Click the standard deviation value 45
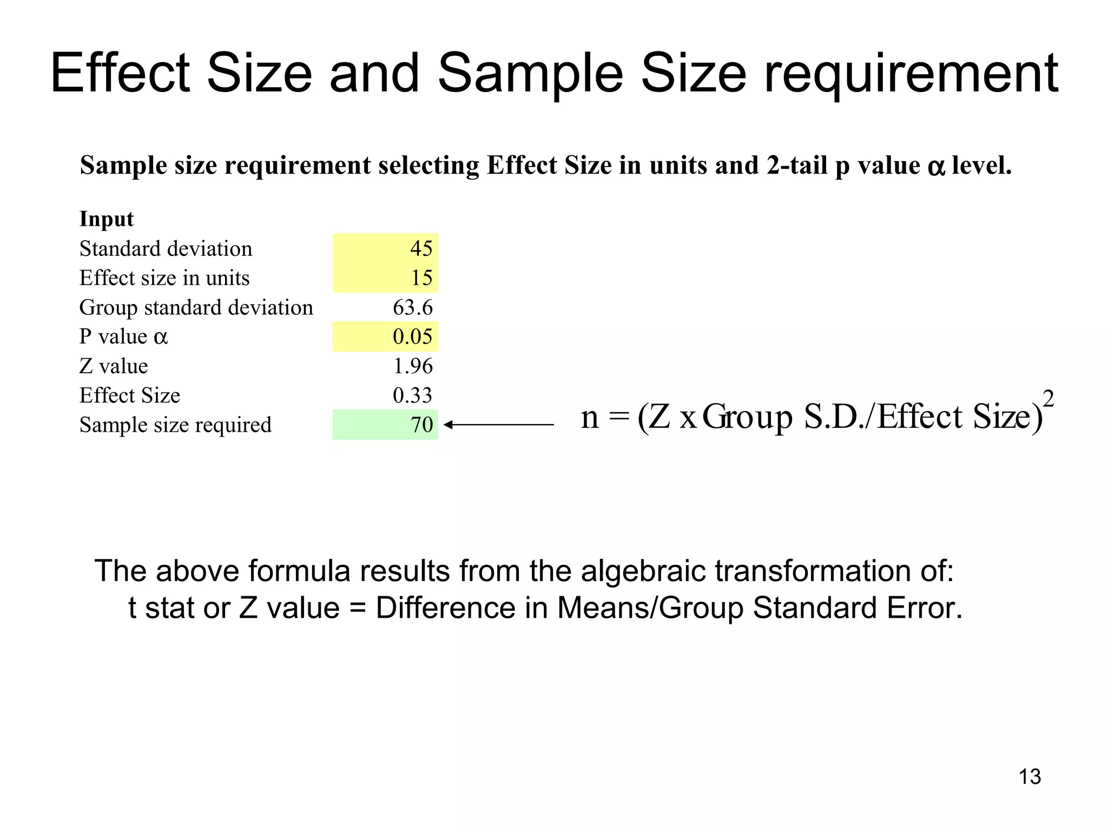tap(421, 248)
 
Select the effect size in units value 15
tap(421, 278)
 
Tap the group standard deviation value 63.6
tap(412, 307)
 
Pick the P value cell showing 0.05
tap(412, 337)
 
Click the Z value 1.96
tap(412, 366)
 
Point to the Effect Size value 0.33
tap(412, 395)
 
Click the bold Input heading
tap(107, 219)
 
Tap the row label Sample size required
tap(175, 425)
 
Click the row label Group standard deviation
tap(196, 307)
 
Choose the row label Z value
tap(114, 366)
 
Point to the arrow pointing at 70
tap(498, 425)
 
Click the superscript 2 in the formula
tap(1048, 399)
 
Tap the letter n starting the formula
tap(590, 417)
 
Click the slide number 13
tap(1030, 777)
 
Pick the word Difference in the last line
tap(445, 608)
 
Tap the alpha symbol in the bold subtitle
tap(936, 167)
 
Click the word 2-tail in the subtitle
tap(797, 166)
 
